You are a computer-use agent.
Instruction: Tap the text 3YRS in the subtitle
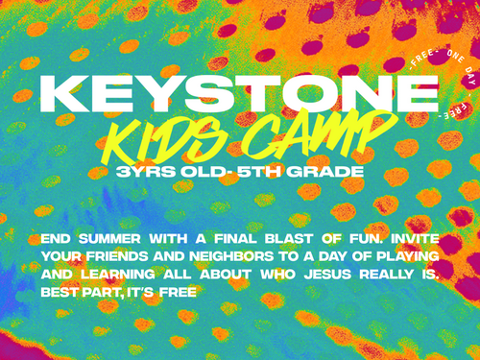coord(146,172)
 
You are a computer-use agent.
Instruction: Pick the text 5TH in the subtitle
coord(259,172)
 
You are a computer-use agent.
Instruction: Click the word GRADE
coord(324,172)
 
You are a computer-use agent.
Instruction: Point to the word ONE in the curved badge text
coord(455,57)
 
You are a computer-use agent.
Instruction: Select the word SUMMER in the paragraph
coord(109,239)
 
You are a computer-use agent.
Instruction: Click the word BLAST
coord(289,239)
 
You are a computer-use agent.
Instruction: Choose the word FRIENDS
coord(117,256)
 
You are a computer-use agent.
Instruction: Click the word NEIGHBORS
coord(231,256)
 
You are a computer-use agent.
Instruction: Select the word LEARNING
coord(118,275)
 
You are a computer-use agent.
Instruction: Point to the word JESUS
coord(327,275)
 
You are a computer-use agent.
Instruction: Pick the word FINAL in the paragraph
coord(235,239)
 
